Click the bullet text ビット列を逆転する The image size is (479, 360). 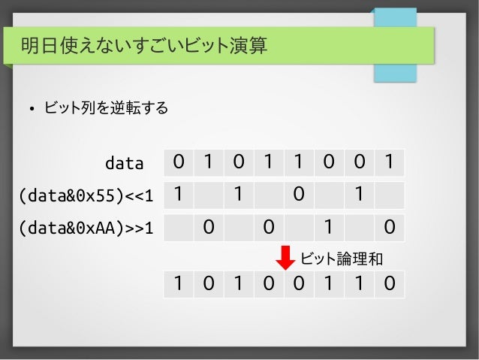[105, 109]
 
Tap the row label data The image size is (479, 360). [123, 162]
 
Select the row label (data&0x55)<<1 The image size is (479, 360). [85, 195]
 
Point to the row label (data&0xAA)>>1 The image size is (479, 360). [85, 227]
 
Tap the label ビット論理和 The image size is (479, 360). [342, 259]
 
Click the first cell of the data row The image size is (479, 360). [179, 162]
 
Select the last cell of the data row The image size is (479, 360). [388, 162]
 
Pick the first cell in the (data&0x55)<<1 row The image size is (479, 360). [179, 194]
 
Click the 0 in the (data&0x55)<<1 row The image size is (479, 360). [299, 194]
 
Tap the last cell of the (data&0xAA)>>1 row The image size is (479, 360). [388, 226]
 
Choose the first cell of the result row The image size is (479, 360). [179, 284]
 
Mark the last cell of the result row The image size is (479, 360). [388, 284]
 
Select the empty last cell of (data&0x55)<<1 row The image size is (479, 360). [388, 194]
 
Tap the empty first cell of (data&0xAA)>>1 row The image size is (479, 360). [179, 226]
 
